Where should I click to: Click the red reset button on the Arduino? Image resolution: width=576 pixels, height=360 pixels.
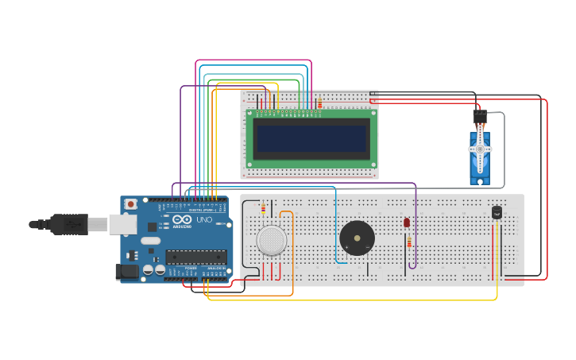tap(130, 204)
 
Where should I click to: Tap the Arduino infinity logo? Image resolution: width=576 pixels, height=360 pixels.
tap(182, 220)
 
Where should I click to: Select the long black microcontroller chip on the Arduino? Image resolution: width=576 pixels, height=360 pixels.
tap(195, 257)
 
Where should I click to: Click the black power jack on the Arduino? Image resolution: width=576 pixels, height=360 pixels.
tap(127, 272)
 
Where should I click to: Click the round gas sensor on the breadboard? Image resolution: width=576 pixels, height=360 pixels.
tap(272, 239)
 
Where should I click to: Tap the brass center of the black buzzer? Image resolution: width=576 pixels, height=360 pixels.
tap(357, 238)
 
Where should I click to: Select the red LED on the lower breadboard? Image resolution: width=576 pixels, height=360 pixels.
tap(407, 223)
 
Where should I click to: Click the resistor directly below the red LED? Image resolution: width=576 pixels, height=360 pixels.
tap(409, 241)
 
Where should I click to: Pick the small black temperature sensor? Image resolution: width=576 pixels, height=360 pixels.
tap(497, 212)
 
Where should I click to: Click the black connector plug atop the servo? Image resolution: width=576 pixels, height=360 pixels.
tap(480, 116)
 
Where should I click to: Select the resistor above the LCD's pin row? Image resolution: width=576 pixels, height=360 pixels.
tap(319, 103)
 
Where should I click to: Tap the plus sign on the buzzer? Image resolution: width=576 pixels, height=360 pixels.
tap(346, 247)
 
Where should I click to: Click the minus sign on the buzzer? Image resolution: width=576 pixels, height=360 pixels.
tap(367, 247)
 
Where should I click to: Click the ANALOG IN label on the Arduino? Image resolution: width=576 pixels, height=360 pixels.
tap(215, 269)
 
